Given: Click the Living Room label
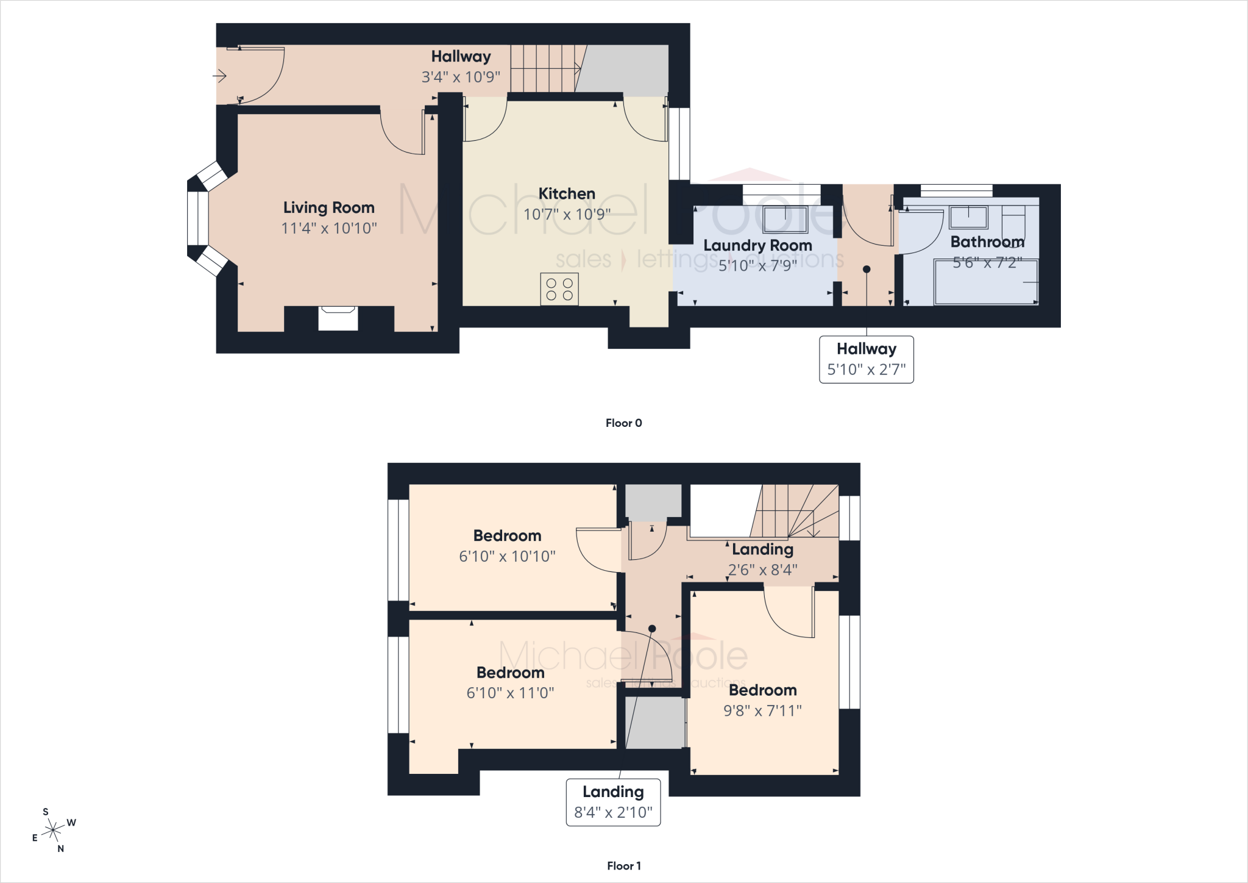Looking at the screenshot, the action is (x=328, y=207).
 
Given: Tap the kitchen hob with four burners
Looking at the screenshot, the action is (x=559, y=289).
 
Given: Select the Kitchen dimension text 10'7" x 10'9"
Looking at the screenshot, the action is (x=567, y=214).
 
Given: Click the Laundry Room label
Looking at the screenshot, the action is (x=757, y=245).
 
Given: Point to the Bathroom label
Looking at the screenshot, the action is (x=987, y=241).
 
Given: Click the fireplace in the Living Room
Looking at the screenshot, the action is (x=338, y=318).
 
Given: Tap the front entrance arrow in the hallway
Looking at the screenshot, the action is (x=219, y=76).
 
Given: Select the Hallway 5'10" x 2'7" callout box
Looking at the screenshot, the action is (x=867, y=359).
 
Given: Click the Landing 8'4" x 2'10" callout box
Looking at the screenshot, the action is (x=613, y=803).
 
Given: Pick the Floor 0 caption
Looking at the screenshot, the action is (x=623, y=423).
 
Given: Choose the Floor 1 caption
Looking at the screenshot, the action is (x=624, y=866).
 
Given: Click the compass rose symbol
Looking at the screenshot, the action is (x=54, y=830).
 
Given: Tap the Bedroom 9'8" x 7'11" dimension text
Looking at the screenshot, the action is (x=762, y=710).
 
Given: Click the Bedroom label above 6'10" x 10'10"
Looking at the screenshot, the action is (x=507, y=535).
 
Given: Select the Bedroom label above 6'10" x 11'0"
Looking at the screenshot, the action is (x=510, y=673).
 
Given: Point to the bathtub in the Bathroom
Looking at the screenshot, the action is (x=986, y=282).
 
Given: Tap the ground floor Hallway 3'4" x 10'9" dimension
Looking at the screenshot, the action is (x=461, y=77).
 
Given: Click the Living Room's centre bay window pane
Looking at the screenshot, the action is (x=197, y=218).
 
